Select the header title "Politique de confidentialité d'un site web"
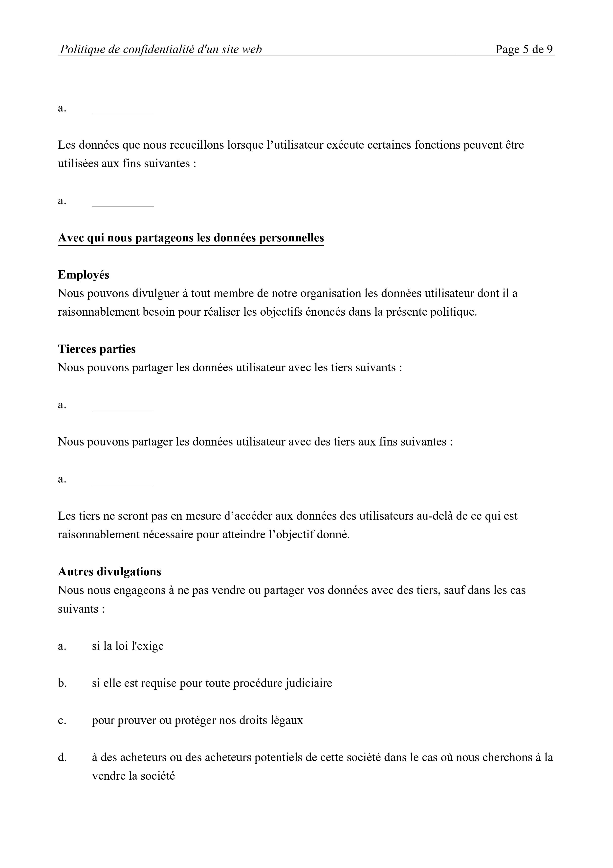click(160, 49)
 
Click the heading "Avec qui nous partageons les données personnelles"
click(191, 238)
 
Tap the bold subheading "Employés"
click(84, 275)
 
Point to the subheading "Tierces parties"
click(97, 349)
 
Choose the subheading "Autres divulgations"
click(109, 572)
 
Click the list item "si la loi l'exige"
click(128, 646)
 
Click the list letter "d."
click(62, 757)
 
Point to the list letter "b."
click(62, 683)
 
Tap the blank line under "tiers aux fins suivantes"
click(123, 483)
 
